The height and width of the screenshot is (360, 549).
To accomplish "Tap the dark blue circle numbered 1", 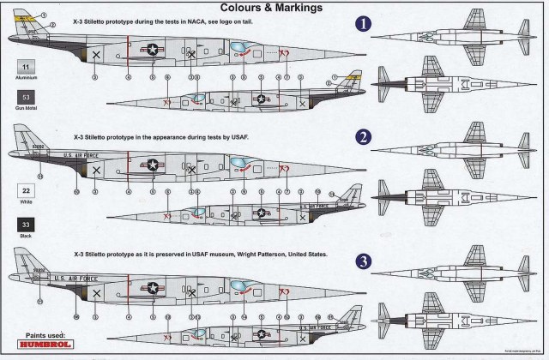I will [x=364, y=26].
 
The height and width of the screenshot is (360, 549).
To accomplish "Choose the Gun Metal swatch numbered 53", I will [x=27, y=100].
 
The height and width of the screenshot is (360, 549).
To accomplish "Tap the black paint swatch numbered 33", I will [x=27, y=223].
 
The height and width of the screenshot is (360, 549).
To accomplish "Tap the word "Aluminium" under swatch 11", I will [x=27, y=78].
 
